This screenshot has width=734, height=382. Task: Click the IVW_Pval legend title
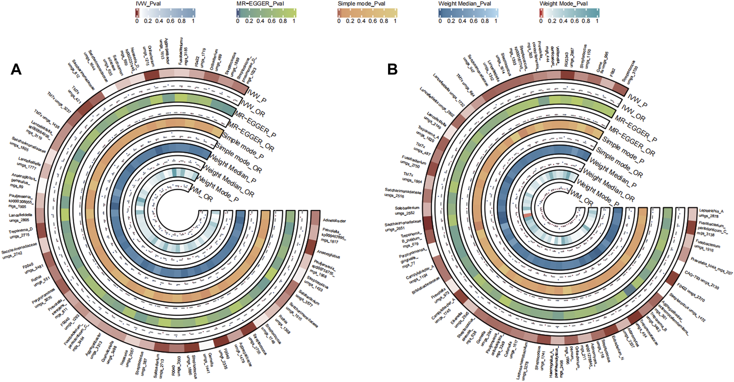pos(148,4)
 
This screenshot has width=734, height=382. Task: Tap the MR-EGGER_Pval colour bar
pos(266,13)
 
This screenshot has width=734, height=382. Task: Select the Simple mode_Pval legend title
pos(361,4)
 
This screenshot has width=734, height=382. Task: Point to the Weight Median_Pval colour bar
pos(468,13)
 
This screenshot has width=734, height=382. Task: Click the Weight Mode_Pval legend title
pos(563,4)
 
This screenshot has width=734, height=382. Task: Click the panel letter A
pos(16,69)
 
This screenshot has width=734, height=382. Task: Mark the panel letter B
pos(392,69)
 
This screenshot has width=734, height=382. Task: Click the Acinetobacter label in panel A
pos(334,221)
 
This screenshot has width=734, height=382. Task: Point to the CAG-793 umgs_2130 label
pos(701,281)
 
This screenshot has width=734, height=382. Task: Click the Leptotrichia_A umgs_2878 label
pos(711,213)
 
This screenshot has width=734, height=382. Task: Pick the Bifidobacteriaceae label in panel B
pos(425,286)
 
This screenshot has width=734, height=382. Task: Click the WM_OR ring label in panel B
pos(581,198)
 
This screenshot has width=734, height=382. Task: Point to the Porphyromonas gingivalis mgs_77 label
pos(412,257)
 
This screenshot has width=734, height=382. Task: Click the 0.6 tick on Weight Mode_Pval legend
pos(575,21)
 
